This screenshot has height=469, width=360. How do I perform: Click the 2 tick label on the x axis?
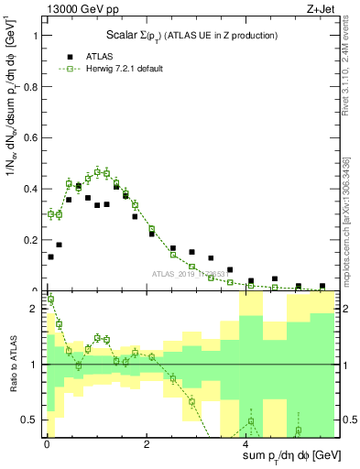147,445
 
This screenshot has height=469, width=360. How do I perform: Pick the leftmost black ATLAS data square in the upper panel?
50,256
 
